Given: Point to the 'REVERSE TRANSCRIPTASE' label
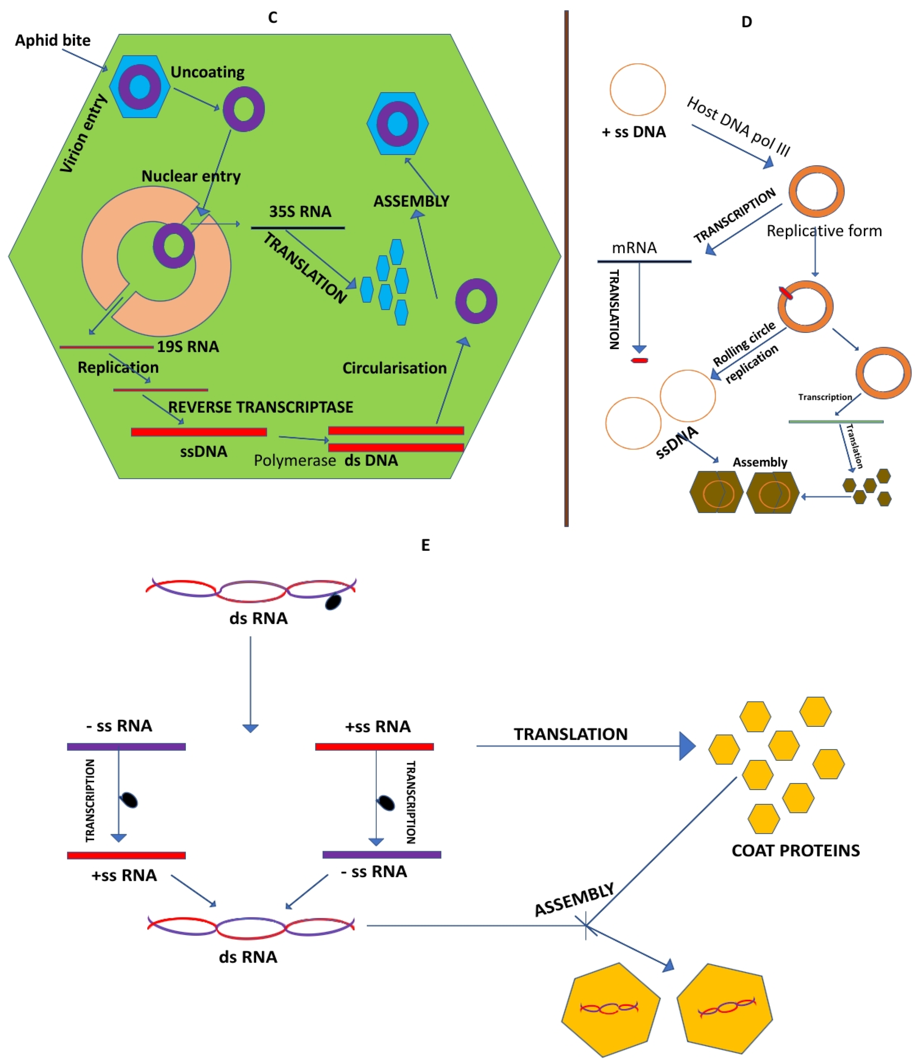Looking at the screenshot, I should pos(261,407).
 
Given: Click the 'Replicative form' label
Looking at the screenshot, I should pos(824,231).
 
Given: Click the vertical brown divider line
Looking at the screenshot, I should pos(566,267).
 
